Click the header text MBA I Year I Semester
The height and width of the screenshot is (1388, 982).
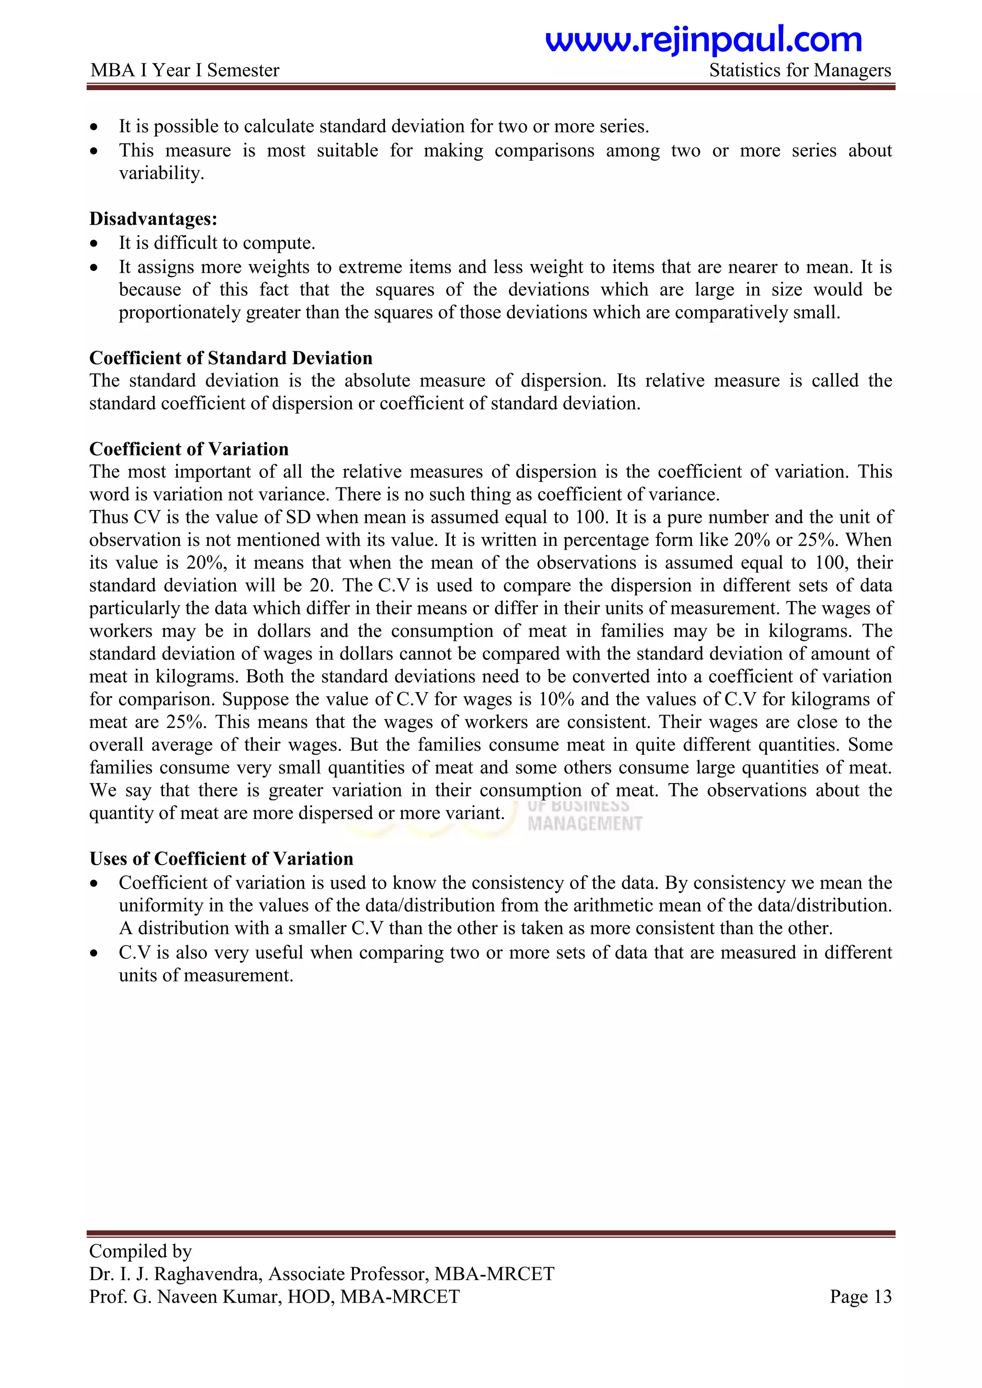185,71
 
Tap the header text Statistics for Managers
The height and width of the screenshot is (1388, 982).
799,71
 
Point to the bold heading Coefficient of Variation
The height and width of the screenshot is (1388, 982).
188,449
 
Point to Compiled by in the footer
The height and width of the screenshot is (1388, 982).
140,1251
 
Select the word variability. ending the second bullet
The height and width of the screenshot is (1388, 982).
161,173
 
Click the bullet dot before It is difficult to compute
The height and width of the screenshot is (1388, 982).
94,243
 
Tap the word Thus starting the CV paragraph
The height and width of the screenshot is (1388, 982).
108,518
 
